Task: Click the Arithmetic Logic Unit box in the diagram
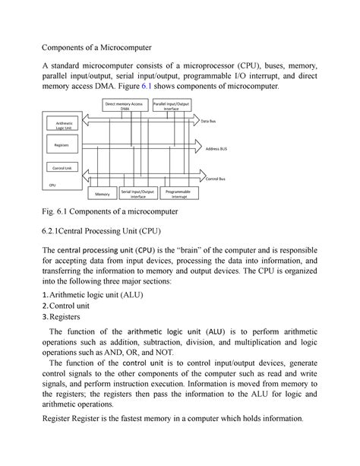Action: (59, 125)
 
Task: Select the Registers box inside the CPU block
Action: (59, 144)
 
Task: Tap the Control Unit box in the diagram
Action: (59, 166)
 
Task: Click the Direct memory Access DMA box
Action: (126, 106)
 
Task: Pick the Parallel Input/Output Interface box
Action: (171, 106)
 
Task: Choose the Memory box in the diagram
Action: (104, 195)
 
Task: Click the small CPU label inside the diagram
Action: (52, 184)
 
